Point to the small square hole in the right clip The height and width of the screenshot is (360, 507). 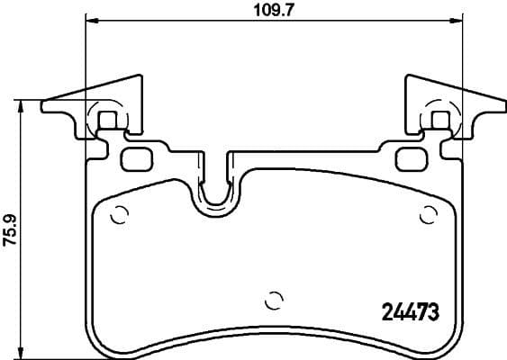[x=442, y=118]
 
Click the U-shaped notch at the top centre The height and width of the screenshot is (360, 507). [x=214, y=193]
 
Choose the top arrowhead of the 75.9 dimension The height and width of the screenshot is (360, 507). [x=20, y=104]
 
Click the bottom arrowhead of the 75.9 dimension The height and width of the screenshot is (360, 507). [x=20, y=353]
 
